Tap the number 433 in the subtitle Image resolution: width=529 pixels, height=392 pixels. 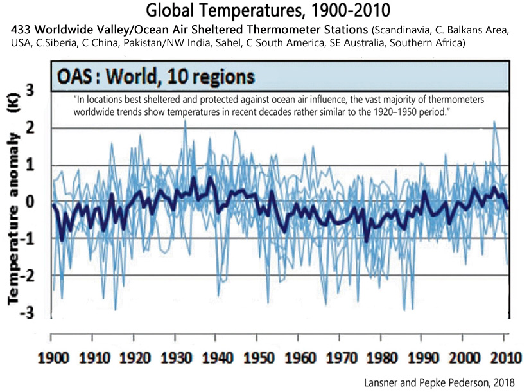tap(19, 30)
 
